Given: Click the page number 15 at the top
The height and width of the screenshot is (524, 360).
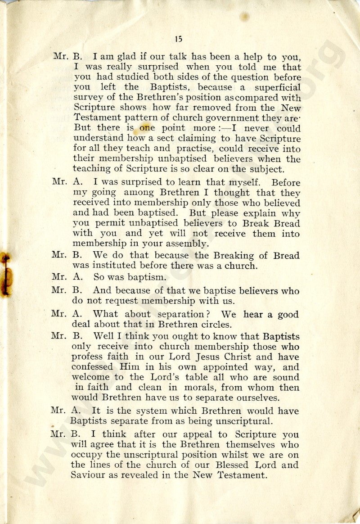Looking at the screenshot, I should pyautogui.click(x=179, y=39).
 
